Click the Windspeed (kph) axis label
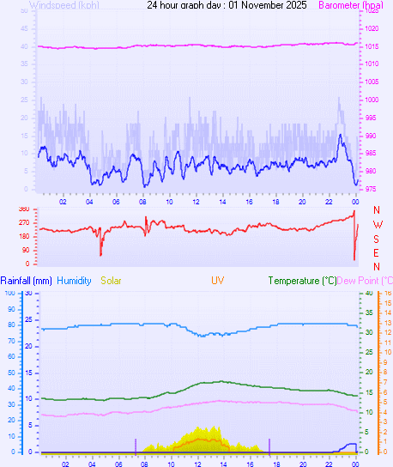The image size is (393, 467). click(63, 5)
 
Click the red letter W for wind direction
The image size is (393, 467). click(377, 224)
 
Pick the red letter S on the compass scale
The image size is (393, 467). click(377, 239)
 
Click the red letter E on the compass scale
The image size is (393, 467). click(377, 252)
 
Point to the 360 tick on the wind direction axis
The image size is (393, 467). click(23, 209)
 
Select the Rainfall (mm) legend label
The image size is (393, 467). click(26, 281)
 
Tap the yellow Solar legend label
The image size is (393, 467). click(111, 281)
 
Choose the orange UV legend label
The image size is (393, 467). click(217, 281)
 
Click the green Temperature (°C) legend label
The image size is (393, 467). click(302, 281)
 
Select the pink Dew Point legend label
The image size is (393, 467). click(365, 281)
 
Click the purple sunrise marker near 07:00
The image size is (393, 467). click(136, 445)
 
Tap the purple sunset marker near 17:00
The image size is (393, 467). click(269, 445)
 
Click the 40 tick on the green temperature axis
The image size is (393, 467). click(368, 293)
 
